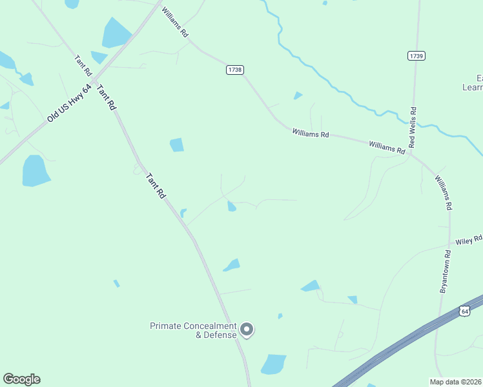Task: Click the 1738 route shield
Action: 234,70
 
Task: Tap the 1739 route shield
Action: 416,56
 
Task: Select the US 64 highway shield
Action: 464,311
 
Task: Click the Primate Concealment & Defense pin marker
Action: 247,330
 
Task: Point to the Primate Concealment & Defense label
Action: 193,330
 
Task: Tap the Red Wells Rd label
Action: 413,126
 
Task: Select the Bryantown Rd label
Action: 444,271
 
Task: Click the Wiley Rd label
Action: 469,241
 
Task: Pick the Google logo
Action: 21,379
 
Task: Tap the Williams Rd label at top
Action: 175,23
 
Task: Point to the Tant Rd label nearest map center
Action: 156,185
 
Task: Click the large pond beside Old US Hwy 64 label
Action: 36,171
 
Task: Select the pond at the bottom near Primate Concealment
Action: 274,364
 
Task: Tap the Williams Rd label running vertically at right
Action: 443,193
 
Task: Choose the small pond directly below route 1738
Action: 298,95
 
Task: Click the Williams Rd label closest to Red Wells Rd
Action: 387,147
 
